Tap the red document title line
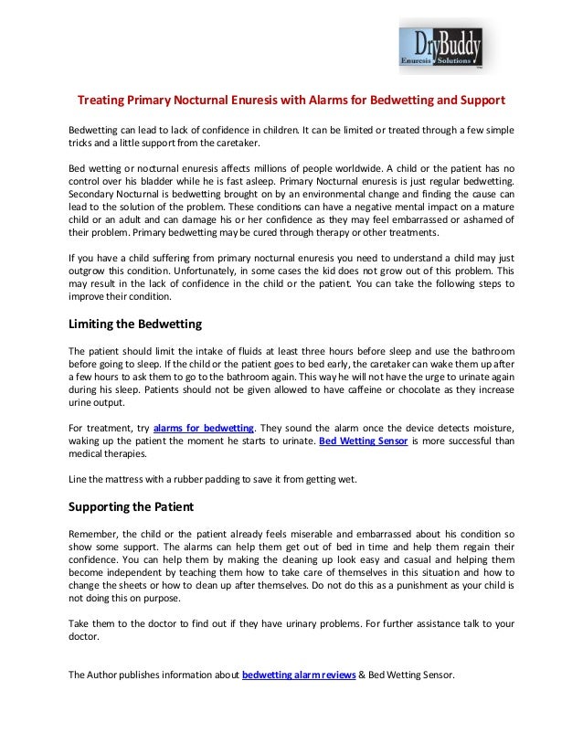point(291,99)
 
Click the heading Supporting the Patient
point(132,505)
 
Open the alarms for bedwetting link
point(204,427)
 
